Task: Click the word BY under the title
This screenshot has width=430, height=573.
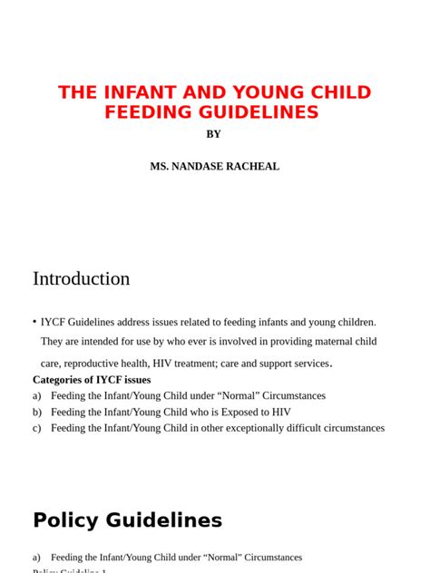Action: pos(213,134)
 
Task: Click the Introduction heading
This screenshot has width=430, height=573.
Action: pos(81,278)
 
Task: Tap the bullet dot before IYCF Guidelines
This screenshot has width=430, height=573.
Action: pos(34,321)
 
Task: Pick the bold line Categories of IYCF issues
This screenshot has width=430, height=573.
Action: pos(92,380)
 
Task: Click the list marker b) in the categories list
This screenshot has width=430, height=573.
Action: pos(37,412)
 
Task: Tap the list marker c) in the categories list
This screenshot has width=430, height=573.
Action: pos(37,428)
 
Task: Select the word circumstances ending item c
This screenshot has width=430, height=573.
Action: pos(351,428)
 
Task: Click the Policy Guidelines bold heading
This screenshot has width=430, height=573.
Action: pos(127,520)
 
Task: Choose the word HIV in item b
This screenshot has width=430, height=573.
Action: pos(280,412)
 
